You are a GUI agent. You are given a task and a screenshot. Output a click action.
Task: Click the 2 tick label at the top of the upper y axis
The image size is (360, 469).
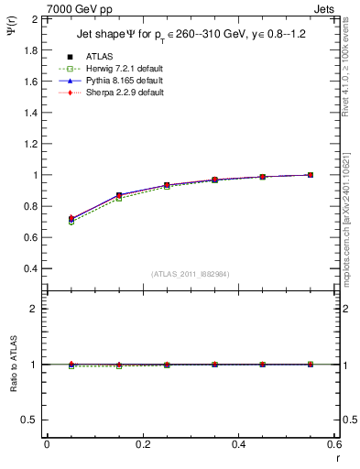(x=35, y=19)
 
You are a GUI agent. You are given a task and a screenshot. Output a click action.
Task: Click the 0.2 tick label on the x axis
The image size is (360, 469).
(x=142, y=444)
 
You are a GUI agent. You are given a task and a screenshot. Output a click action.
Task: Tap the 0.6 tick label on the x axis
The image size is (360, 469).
(x=334, y=444)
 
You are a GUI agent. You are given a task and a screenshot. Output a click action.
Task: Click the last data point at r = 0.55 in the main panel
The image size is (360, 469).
(x=311, y=175)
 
